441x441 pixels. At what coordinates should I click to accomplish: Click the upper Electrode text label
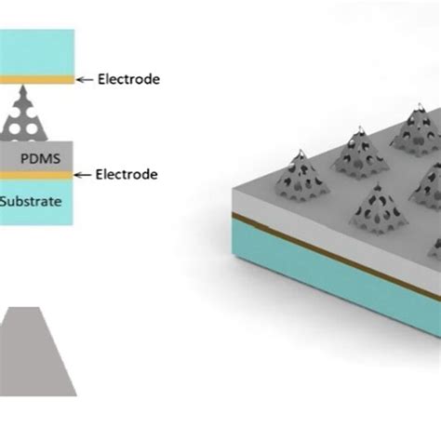pyautogui.click(x=129, y=80)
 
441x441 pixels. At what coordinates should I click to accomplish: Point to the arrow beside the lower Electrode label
pyautogui.click(x=87, y=174)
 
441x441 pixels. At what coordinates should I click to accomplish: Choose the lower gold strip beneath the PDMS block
pyautogui.click(x=37, y=174)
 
